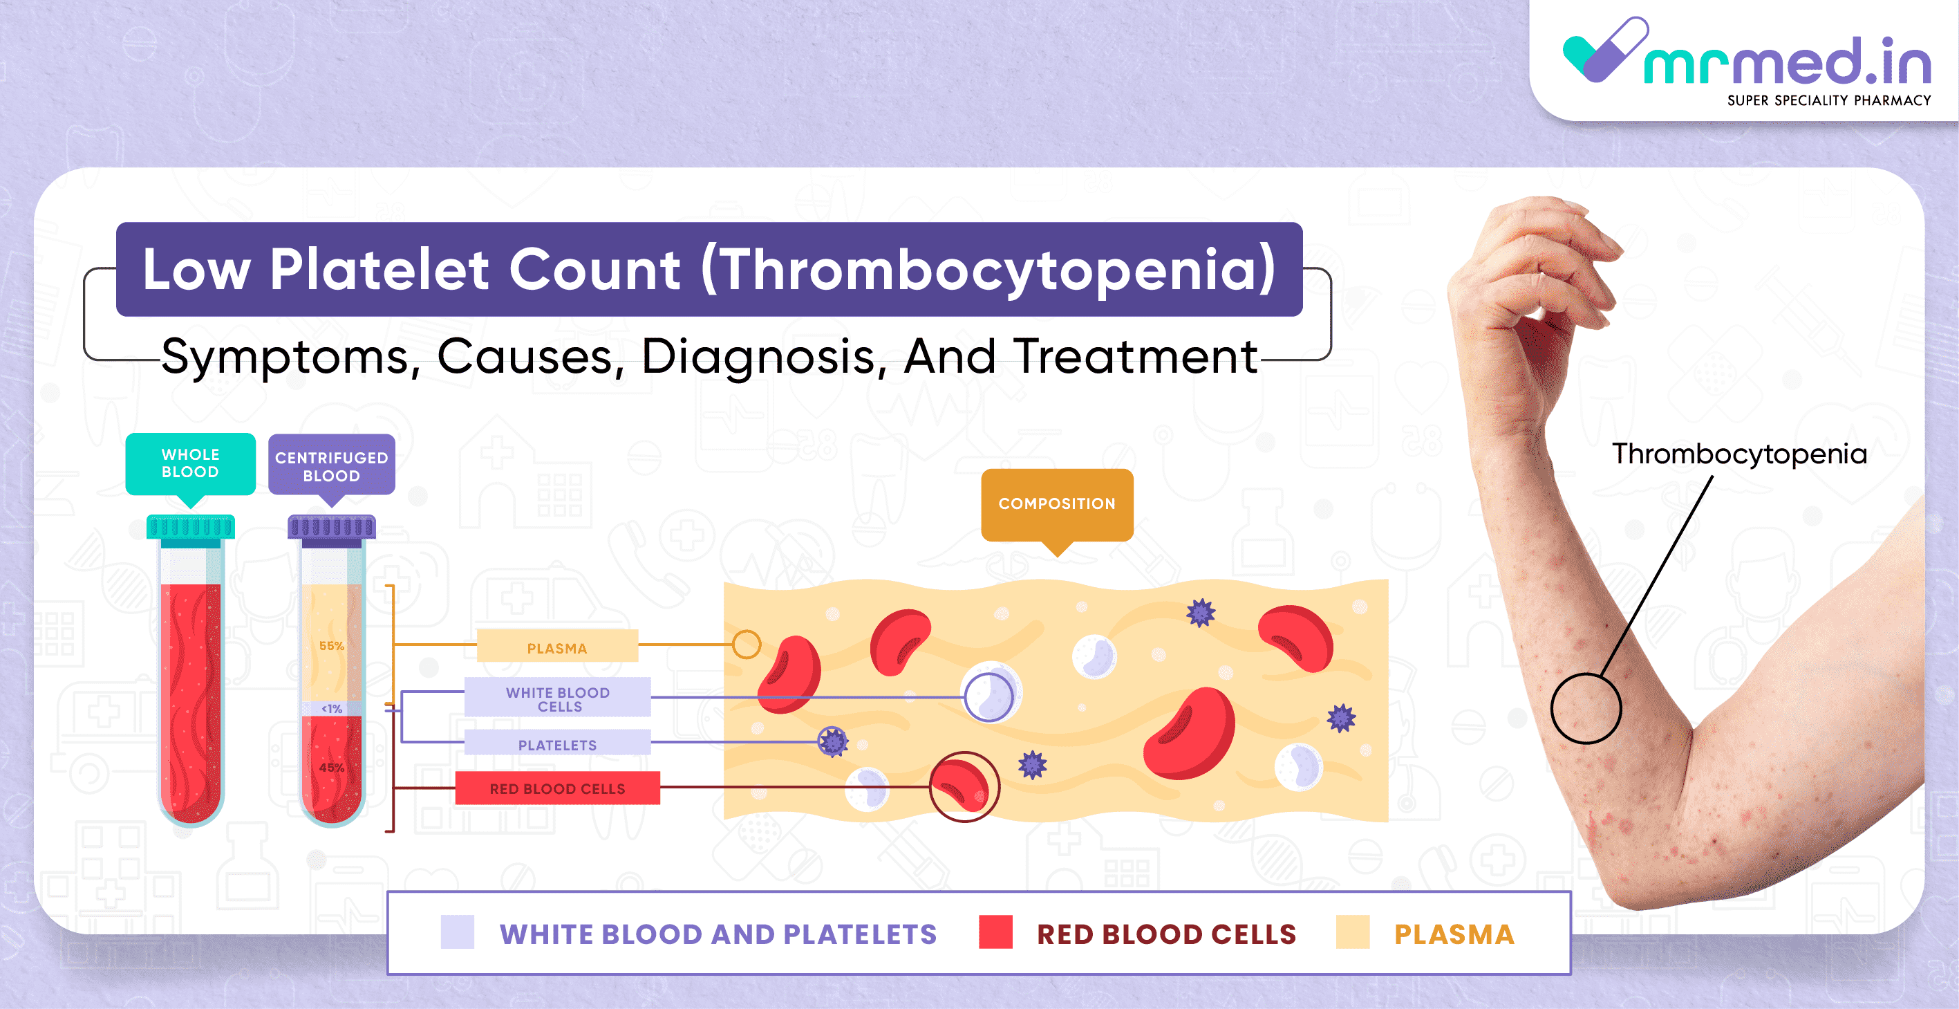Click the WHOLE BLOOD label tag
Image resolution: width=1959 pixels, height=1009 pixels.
190,463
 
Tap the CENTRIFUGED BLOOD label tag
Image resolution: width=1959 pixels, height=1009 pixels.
332,465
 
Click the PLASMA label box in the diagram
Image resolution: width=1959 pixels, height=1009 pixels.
557,647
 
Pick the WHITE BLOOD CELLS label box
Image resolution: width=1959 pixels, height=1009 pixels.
557,698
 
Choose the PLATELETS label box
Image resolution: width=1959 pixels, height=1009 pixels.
557,743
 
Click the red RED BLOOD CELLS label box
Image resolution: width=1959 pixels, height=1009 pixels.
557,788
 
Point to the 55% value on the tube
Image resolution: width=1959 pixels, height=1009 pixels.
332,646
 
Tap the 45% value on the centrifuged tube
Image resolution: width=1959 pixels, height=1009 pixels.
332,768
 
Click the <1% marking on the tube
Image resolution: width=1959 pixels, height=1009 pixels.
332,708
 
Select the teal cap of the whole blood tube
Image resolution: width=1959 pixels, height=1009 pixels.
191,530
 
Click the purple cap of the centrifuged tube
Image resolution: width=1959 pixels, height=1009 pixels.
332,530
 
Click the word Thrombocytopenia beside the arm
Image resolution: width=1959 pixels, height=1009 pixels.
1739,454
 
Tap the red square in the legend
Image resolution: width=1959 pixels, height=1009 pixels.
995,932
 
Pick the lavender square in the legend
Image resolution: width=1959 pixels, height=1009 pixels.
457,932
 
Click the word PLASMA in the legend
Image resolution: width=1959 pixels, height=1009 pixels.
1454,934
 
